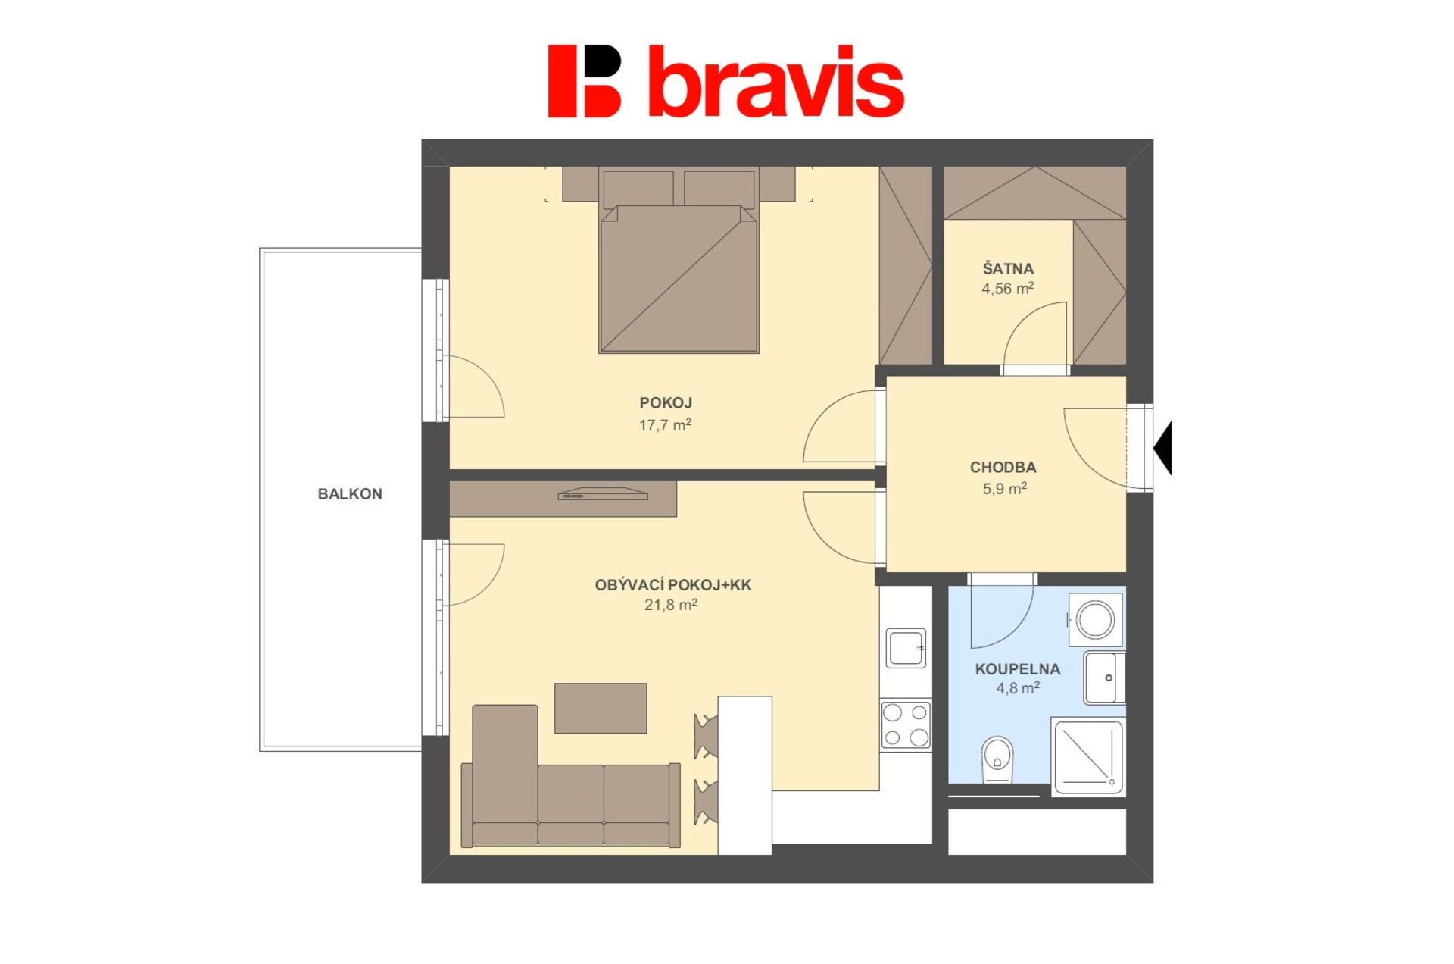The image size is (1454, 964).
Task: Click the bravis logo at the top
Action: (x=725, y=81)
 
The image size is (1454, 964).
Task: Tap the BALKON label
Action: (x=350, y=494)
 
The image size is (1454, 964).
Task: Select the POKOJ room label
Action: (x=666, y=403)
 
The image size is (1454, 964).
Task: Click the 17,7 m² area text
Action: (x=665, y=425)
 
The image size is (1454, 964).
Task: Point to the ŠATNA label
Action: (x=1008, y=268)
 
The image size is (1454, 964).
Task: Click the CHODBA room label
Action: (x=1003, y=468)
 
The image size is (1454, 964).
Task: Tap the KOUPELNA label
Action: (x=1017, y=669)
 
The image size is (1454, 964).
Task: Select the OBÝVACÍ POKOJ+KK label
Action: (x=673, y=585)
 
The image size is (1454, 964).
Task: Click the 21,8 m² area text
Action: (x=671, y=605)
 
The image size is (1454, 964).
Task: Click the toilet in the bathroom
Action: (x=997, y=759)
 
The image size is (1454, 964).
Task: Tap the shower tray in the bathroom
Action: (x=1087, y=756)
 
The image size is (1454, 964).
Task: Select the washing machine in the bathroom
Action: (x=1095, y=620)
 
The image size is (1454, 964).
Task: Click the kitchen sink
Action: (x=906, y=648)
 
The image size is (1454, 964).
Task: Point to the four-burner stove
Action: (x=906, y=725)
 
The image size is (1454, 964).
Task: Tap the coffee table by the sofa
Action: (x=601, y=709)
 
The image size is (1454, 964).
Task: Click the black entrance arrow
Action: (x=1162, y=448)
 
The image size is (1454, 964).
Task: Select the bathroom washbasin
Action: (x=1105, y=678)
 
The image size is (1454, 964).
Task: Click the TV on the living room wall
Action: (x=603, y=494)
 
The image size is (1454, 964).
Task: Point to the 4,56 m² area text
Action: (x=1008, y=289)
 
